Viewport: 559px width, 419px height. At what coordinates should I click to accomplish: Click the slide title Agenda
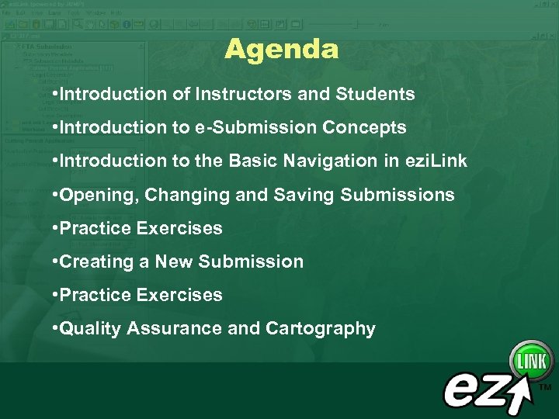pos(281,50)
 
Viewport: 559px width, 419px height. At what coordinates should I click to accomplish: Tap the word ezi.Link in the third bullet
pos(439,161)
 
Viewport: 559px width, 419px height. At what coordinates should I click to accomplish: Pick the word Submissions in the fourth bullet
pos(397,195)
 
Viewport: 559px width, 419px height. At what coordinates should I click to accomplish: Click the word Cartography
pos(320,328)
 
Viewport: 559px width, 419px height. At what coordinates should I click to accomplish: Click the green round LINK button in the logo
pos(531,361)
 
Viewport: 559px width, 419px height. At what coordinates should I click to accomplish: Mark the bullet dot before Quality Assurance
pos(54,328)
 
